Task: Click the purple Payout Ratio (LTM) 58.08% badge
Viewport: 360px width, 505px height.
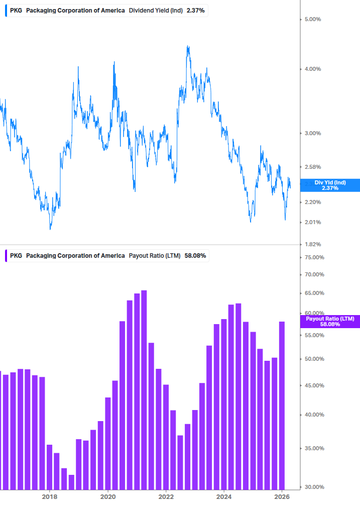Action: tap(330, 322)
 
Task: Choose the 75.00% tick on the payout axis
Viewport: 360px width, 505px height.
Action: tap(315, 257)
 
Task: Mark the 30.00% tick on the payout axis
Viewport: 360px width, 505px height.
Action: tap(315, 487)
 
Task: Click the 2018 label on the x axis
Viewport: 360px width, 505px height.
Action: tap(49, 497)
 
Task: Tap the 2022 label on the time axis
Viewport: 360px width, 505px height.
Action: tap(166, 497)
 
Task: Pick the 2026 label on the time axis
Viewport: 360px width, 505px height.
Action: tap(283, 497)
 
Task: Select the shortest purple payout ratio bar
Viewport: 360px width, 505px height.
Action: tap(71, 482)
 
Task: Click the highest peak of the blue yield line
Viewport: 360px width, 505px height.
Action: tap(188, 46)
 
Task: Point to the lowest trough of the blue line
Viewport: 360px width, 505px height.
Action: tap(50, 229)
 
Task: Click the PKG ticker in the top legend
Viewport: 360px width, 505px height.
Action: tap(16, 11)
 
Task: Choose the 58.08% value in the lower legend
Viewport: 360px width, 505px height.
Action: tap(195, 256)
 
